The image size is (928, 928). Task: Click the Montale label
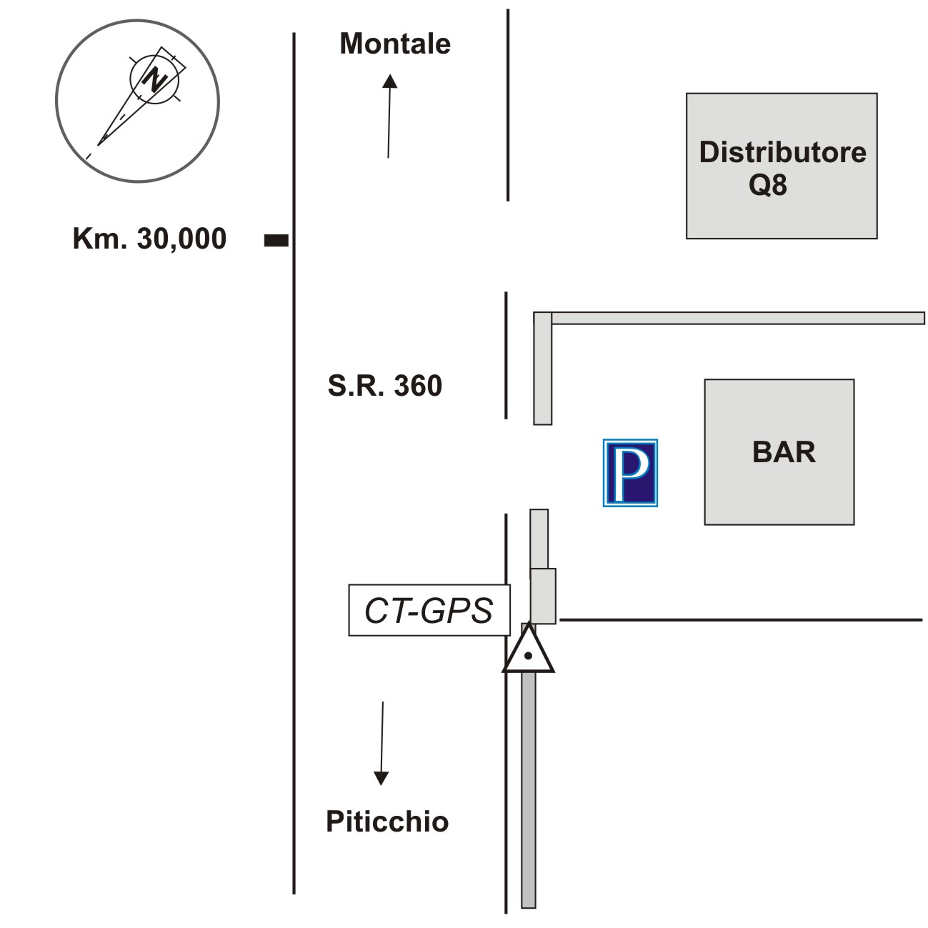(395, 44)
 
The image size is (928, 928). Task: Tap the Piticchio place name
(387, 822)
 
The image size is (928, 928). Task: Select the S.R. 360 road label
(385, 386)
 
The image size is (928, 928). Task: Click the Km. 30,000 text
(149, 239)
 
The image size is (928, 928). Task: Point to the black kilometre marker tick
(276, 241)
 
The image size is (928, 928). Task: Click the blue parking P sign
(630, 473)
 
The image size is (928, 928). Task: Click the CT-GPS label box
(429, 610)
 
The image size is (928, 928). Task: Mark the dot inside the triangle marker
(528, 655)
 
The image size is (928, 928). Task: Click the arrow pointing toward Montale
(389, 114)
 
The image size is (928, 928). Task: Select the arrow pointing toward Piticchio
(381, 743)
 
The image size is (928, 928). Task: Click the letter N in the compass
(154, 78)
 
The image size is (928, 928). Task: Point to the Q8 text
(768, 184)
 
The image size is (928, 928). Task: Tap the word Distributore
(782, 152)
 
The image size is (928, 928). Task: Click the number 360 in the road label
(418, 386)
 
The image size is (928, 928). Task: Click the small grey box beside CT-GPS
(543, 596)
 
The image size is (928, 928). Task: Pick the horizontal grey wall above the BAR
(736, 318)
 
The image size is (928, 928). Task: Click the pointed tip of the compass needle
(99, 144)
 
